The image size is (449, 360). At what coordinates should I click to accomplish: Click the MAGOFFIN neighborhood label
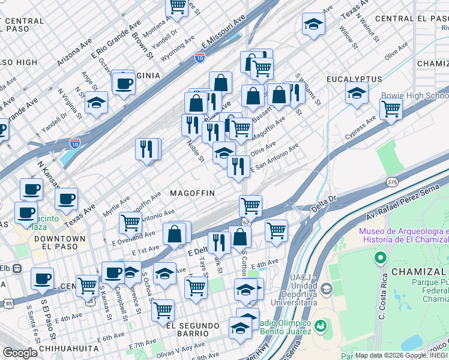192,193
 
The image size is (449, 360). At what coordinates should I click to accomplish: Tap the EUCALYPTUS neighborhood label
354,79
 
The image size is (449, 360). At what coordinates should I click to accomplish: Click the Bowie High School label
414,96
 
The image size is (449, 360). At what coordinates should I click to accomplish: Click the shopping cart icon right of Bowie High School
391,109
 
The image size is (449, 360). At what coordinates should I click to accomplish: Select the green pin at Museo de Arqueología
379,258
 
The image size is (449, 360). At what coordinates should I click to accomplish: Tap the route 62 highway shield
246,222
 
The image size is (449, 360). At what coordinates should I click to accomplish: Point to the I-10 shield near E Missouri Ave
200,58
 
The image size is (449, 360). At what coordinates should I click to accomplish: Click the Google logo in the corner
20,353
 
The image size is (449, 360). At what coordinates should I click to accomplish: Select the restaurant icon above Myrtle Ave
148,148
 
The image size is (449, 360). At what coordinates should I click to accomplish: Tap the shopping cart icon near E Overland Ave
130,222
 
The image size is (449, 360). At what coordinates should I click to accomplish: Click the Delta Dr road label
324,208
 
